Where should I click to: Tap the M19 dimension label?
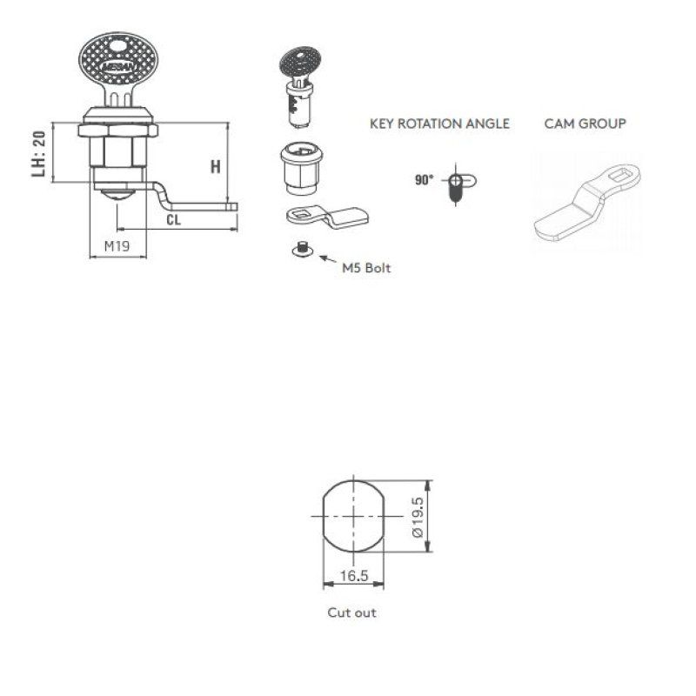[x=117, y=246]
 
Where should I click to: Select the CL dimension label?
[x=174, y=220]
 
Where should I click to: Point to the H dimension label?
[x=215, y=166]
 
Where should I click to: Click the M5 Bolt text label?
[x=366, y=268]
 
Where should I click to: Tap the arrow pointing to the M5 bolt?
[x=329, y=258]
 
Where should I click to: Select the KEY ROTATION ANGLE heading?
[x=439, y=124]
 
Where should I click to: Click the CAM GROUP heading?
[x=585, y=124]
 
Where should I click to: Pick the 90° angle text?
[x=424, y=180]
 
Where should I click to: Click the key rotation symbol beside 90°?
[x=457, y=184]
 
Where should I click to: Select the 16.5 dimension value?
[x=352, y=575]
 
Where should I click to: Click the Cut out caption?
[x=351, y=612]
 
